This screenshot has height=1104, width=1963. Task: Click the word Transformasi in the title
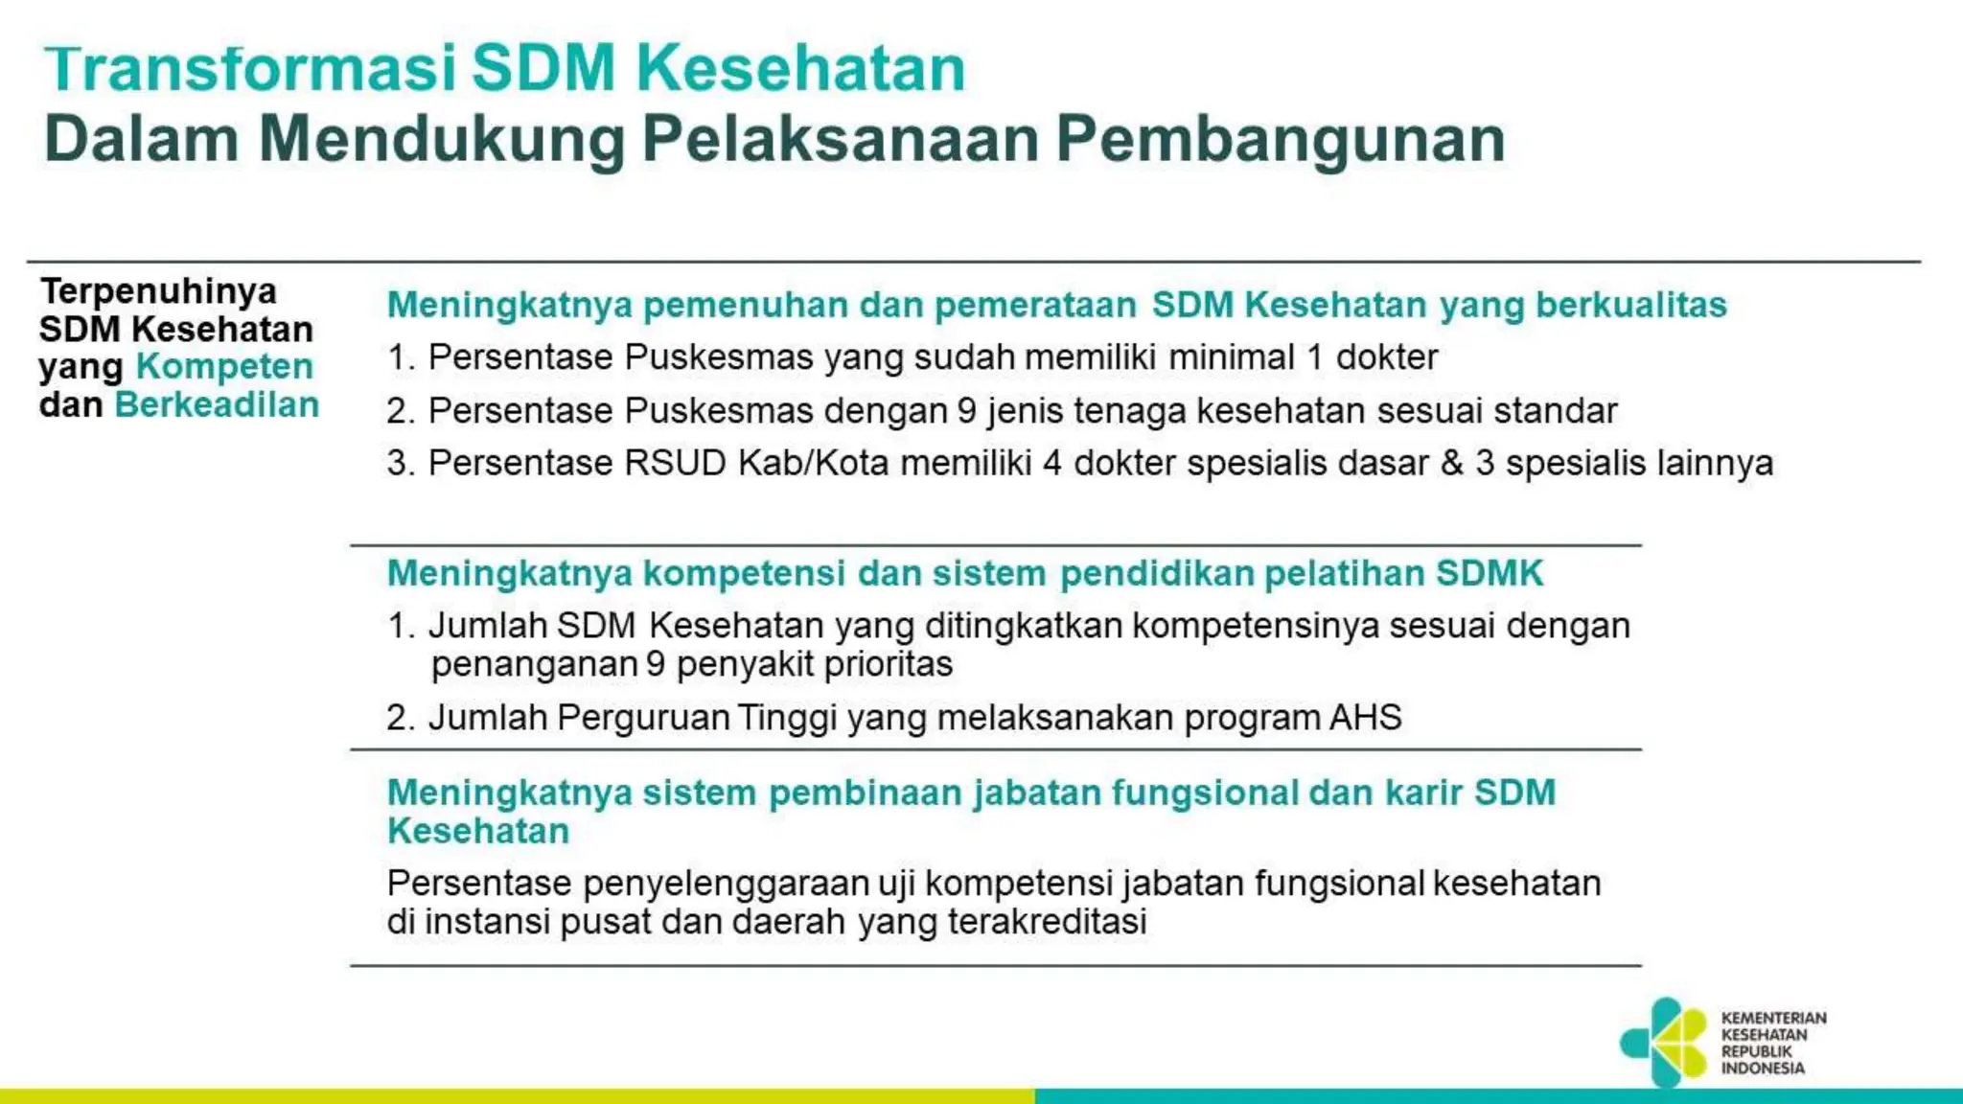pyautogui.click(x=250, y=69)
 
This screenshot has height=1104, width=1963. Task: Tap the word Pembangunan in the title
pyautogui.click(x=1281, y=139)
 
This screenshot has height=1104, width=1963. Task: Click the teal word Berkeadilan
pyautogui.click(x=217, y=404)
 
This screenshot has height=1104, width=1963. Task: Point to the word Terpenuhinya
pyautogui.click(x=158, y=290)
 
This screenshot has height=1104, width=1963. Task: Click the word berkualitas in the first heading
pyautogui.click(x=1630, y=305)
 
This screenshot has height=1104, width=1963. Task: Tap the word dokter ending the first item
pyautogui.click(x=1386, y=357)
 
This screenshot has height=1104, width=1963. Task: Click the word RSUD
pyautogui.click(x=675, y=463)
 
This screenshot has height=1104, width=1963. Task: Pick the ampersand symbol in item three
pyautogui.click(x=1452, y=463)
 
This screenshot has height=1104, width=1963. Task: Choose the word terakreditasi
pyautogui.click(x=1047, y=922)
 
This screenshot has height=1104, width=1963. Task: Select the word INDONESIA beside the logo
pyautogui.click(x=1763, y=1069)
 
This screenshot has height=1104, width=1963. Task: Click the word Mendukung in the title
pyautogui.click(x=441, y=139)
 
